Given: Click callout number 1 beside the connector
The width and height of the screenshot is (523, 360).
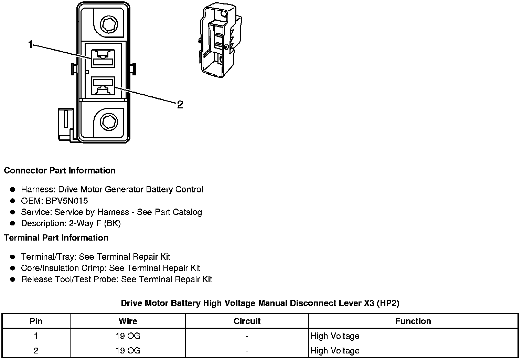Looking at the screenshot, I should [30, 45].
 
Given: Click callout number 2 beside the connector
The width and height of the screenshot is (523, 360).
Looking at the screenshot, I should [180, 105].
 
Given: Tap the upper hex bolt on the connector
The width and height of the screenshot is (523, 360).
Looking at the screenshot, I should [109, 24].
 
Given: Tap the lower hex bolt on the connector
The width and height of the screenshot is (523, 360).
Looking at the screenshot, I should [109, 121].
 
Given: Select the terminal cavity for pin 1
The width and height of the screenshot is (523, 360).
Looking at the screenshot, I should [103, 58].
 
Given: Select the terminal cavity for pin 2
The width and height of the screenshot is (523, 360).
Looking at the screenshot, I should [103, 86].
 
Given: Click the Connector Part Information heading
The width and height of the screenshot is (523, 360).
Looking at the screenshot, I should [60, 171].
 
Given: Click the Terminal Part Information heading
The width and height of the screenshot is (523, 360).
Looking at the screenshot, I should [56, 238].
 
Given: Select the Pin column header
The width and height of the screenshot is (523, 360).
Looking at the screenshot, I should [36, 321].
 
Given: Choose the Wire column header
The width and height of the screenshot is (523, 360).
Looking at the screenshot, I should [128, 321].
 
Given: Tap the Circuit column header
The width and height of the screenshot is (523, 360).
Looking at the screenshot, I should [247, 321].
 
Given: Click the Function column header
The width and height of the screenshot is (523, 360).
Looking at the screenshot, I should [413, 321].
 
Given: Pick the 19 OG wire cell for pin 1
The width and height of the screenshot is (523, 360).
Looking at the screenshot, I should [128, 336].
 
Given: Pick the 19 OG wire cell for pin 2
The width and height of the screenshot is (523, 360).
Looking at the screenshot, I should [128, 351].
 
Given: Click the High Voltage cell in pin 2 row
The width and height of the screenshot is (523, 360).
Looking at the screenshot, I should [335, 351].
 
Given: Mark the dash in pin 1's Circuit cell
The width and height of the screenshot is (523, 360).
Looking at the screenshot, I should [247, 336].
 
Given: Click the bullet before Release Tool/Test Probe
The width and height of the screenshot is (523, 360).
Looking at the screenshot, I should [13, 279].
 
